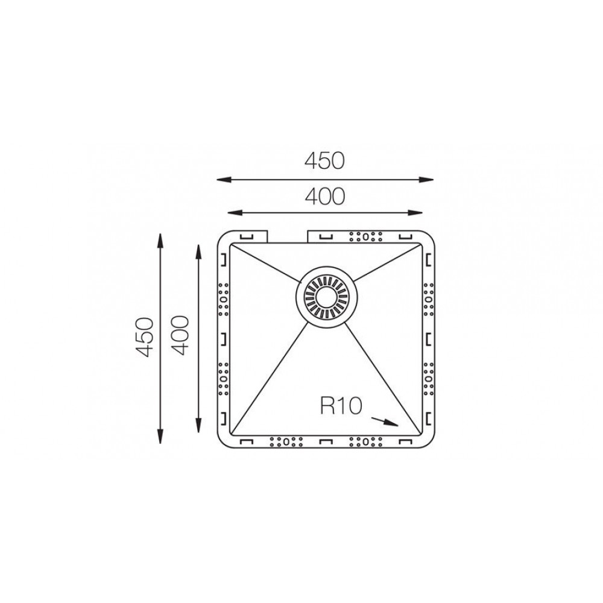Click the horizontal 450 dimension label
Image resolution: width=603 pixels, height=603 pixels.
324,161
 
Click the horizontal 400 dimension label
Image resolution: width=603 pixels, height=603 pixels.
325,197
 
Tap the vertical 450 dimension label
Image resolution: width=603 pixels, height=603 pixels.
145,337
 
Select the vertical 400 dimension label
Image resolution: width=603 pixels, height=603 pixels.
180,335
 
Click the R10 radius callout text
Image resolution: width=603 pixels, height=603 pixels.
341,406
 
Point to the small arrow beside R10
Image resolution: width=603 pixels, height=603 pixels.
384,421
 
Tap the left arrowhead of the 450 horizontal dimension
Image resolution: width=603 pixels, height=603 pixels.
224,179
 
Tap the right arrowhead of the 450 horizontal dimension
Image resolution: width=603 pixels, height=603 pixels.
426,179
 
